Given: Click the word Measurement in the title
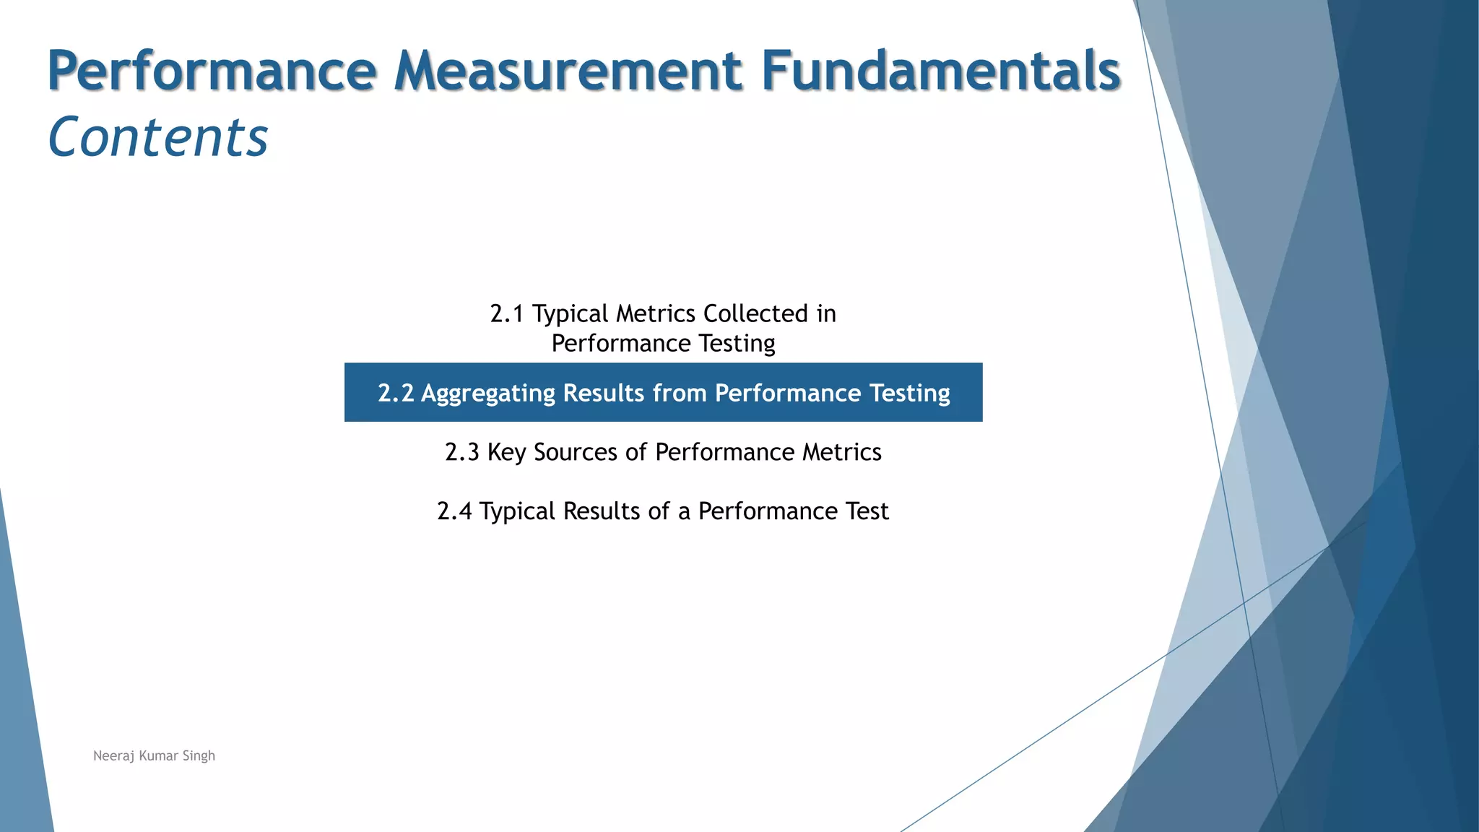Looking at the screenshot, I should [568, 71].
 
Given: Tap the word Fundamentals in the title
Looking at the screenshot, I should [940, 71].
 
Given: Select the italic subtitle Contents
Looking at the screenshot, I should [157, 137].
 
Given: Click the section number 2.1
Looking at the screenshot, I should [506, 314].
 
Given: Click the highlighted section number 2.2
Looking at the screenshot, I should [396, 394].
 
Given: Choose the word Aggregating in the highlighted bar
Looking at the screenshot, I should [488, 394].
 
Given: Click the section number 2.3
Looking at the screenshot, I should [461, 453].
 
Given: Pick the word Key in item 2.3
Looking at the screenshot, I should [506, 453].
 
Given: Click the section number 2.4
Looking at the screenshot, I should [454, 512].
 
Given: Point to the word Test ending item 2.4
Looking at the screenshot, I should [867, 512].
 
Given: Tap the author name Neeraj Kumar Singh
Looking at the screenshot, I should [154, 756].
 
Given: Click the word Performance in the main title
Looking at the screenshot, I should [212, 71].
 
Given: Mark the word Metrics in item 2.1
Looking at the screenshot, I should [655, 314].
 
